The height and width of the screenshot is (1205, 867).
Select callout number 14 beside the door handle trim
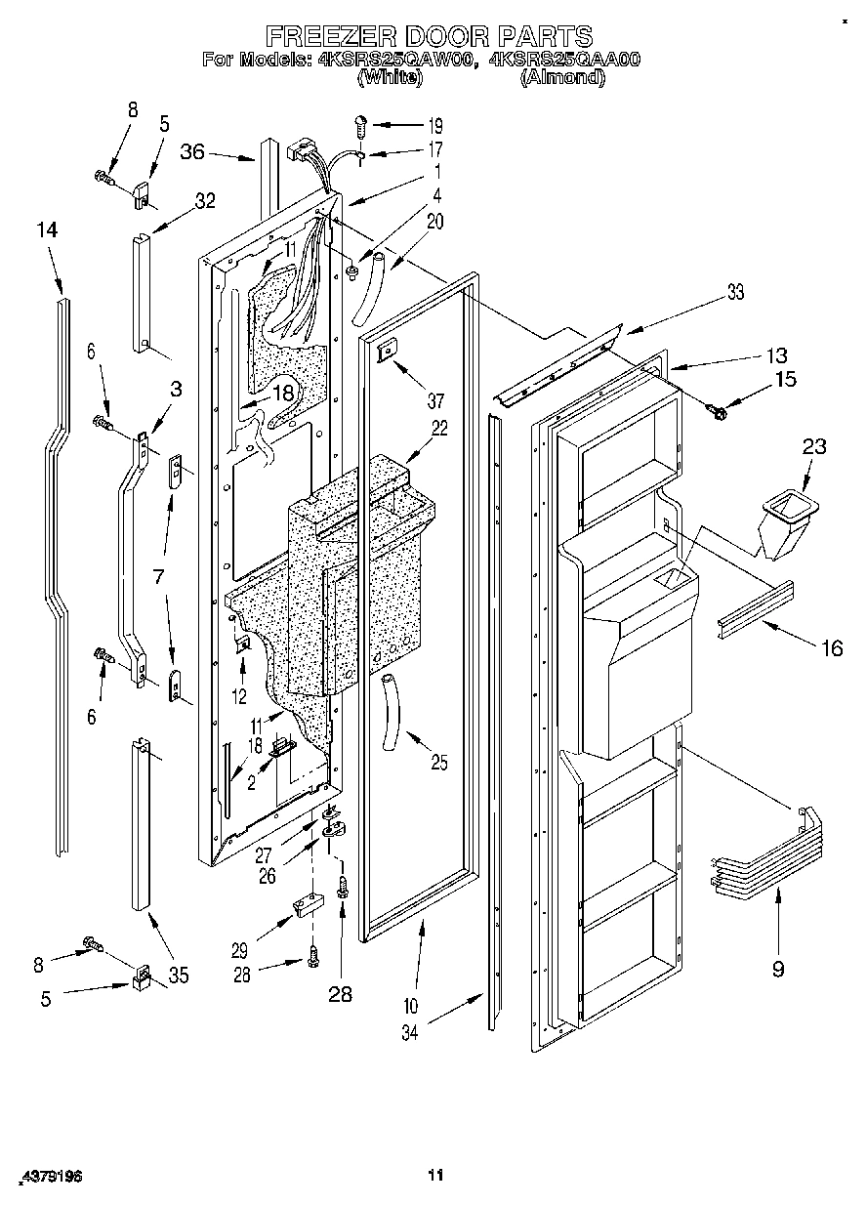click(x=47, y=230)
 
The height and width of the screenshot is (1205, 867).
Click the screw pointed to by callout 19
click(x=361, y=124)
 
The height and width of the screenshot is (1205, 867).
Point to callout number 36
click(x=192, y=151)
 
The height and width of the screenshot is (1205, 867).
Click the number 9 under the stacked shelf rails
click(x=777, y=970)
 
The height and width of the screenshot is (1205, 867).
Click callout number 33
click(x=733, y=292)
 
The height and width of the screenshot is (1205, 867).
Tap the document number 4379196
click(x=50, y=1179)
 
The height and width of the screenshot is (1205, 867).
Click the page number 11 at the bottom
click(x=435, y=1175)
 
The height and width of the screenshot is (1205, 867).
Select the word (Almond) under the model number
click(x=561, y=78)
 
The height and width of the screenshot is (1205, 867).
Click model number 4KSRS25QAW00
click(x=395, y=60)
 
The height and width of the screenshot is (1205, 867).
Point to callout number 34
click(x=410, y=1032)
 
